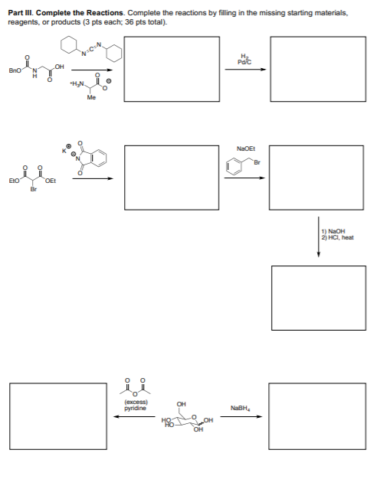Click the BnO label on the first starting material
click(x=14, y=70)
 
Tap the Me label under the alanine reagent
click(x=91, y=98)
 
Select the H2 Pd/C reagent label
click(x=244, y=60)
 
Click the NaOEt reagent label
click(x=246, y=148)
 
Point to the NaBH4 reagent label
click(x=241, y=408)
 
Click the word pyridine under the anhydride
click(x=135, y=409)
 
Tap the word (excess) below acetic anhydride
click(x=136, y=402)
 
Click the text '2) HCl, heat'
click(x=338, y=237)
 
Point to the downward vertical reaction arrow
click(x=319, y=236)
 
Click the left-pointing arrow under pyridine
click(x=135, y=416)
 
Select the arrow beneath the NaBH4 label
click(x=241, y=416)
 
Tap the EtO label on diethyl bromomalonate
click(x=14, y=181)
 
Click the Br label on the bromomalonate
click(x=33, y=190)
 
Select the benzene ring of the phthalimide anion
click(x=99, y=157)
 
